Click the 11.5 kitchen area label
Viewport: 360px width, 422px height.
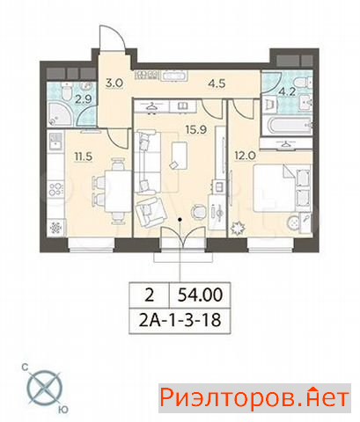84,156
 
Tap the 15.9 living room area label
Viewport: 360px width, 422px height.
196,129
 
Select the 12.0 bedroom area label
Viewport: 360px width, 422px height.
246,156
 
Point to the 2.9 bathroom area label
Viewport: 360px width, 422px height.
83,99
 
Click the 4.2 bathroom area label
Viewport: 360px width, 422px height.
287,91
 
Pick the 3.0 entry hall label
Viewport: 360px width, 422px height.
114,83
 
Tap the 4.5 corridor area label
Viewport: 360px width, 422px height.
217,84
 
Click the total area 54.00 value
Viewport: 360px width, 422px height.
201,295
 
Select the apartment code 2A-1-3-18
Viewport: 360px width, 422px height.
180,320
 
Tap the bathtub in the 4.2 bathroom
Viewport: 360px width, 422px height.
286,126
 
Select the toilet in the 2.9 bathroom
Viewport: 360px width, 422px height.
67,91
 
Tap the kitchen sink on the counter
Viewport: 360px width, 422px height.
55,141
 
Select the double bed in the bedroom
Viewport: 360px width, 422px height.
282,187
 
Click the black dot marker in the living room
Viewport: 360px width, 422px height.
180,219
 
